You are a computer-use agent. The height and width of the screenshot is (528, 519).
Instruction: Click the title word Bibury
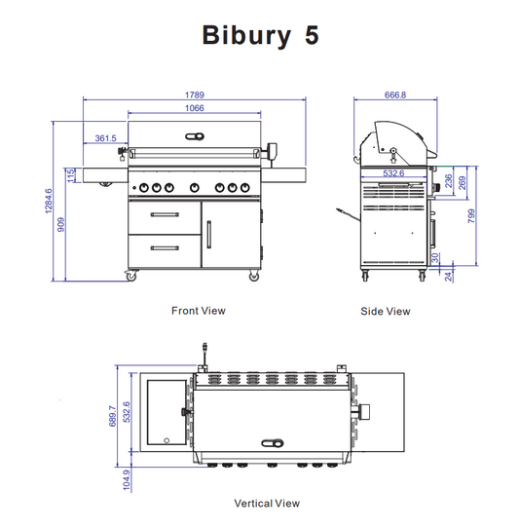point(241,36)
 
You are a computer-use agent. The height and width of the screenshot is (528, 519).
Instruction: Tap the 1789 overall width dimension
point(195,95)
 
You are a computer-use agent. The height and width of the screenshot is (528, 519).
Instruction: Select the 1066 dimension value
point(195,108)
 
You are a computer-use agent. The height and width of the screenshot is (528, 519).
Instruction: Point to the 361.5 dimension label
point(105,139)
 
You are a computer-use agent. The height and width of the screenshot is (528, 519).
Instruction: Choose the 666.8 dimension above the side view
point(394,95)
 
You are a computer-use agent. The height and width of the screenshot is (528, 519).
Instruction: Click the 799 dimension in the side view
point(472,215)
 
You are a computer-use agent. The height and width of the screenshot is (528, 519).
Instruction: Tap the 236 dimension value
point(448,180)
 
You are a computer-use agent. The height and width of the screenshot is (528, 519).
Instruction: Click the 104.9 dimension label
point(126,478)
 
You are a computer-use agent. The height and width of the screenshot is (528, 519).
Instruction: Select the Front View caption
point(198,311)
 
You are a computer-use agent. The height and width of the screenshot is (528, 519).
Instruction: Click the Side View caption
point(387,312)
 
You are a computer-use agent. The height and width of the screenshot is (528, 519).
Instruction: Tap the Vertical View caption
point(267,504)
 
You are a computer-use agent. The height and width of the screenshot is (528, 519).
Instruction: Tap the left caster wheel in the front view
point(130,278)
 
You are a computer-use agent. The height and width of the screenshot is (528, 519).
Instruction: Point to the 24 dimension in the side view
point(448,276)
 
